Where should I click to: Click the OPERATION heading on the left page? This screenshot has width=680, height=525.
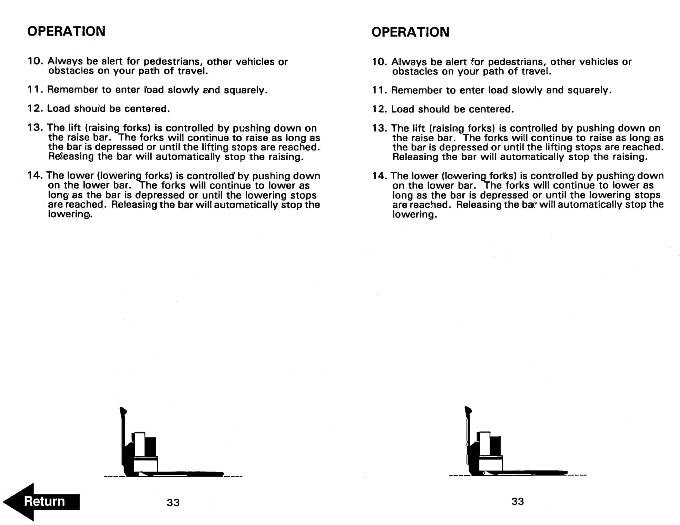(x=66, y=31)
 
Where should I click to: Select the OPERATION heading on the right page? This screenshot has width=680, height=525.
(x=410, y=32)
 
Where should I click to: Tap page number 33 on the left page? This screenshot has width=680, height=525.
(x=173, y=503)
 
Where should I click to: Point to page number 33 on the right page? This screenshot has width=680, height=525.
(x=517, y=501)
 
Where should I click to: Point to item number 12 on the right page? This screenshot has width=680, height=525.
(x=379, y=109)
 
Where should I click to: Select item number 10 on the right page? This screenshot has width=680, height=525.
(x=379, y=62)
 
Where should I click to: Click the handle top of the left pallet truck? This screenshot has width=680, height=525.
(x=123, y=411)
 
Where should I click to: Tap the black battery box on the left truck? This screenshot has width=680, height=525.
(x=150, y=446)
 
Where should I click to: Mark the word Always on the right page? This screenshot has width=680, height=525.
(x=409, y=62)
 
